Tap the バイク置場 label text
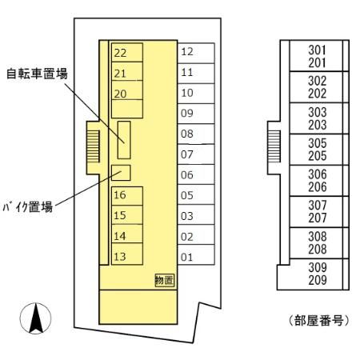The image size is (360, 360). pyautogui.click(x=27, y=206)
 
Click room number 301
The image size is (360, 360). pyautogui.click(x=318, y=50)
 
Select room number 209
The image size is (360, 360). pyautogui.click(x=318, y=281)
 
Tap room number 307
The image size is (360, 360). pyautogui.click(x=318, y=205)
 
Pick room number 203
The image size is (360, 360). pyautogui.click(x=318, y=125)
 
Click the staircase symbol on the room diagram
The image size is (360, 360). pyautogui.click(x=275, y=145)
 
